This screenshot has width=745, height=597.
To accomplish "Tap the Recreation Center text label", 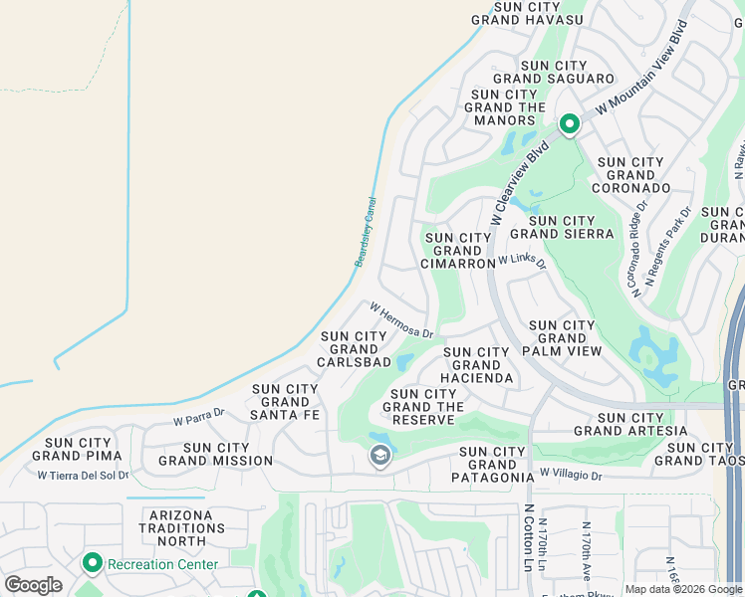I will tap(162, 564).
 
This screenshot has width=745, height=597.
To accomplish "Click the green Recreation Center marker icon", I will tap(93, 563).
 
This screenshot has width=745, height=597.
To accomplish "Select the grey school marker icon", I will tap(378, 456).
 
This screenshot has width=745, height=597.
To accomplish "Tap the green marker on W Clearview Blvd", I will tap(569, 124).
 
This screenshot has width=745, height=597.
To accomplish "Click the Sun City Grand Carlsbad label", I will tap(354, 349).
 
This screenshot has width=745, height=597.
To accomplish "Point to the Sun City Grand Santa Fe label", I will tap(286, 402).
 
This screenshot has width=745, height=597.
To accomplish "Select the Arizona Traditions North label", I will tap(182, 527).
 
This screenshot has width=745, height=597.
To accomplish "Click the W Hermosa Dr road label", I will tap(401, 320).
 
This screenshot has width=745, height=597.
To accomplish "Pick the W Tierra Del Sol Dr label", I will tap(84, 475).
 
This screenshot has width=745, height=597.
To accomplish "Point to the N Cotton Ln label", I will tap(529, 538).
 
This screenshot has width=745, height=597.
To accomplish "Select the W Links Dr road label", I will tap(523, 261).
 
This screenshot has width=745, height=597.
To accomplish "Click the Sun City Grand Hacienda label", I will tap(478, 365).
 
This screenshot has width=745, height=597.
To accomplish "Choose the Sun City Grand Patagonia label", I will tap(491, 465).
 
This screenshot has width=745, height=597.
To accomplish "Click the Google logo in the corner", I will tap(33, 585).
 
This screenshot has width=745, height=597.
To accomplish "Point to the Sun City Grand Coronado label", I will tap(630, 174).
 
